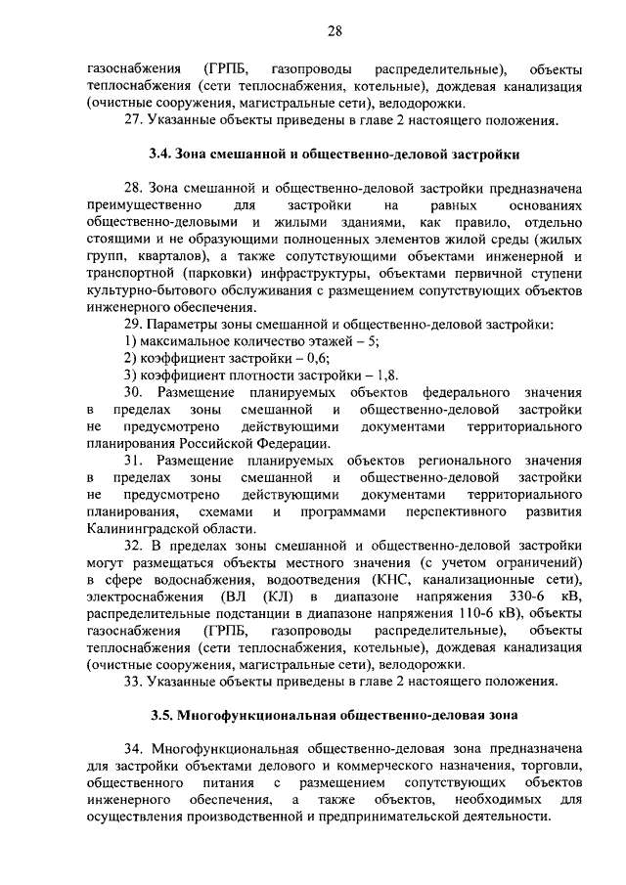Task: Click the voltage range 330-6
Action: [530, 596]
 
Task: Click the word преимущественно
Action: [145, 205]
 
